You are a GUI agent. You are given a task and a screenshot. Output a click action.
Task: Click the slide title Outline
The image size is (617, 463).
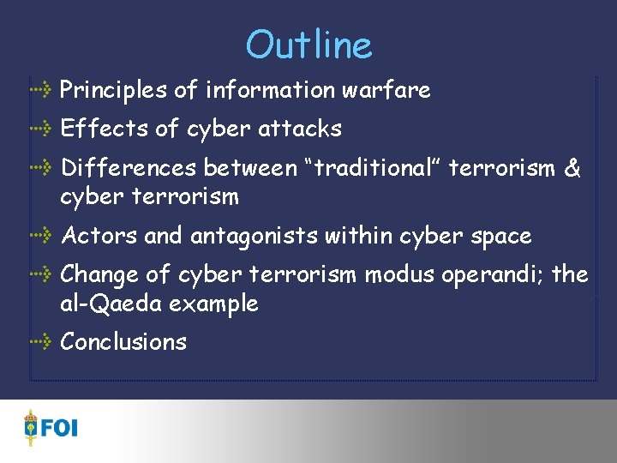(308, 45)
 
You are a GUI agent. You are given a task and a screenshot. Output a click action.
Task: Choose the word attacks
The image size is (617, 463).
(300, 129)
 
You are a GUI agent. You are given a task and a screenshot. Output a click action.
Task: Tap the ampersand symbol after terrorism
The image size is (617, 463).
(572, 168)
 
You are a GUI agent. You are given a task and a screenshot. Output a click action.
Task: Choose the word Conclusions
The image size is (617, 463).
(123, 342)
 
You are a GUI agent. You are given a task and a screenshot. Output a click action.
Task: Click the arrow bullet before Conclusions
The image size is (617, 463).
(41, 342)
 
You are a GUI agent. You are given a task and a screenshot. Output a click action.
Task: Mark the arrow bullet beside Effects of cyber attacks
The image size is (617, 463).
(41, 129)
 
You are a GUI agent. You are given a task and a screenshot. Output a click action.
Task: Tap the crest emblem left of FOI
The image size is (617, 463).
(32, 426)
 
